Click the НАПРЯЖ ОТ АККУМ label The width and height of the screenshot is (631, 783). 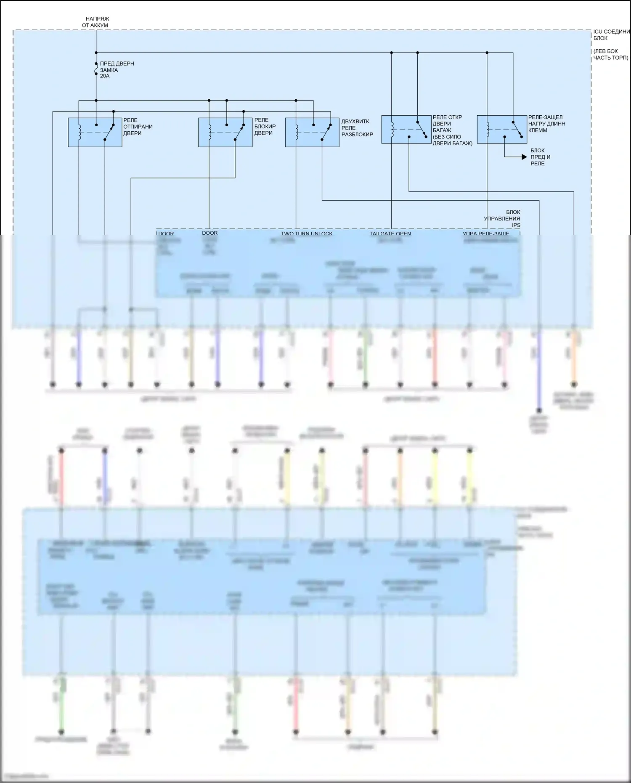(96, 22)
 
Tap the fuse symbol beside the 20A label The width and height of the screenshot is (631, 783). (96, 69)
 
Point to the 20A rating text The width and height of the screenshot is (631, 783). (105, 76)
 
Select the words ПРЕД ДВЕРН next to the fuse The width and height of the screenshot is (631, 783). (117, 64)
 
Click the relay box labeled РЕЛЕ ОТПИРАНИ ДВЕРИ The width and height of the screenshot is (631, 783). (95, 132)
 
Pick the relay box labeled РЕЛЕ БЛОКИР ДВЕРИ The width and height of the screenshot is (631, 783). (225, 132)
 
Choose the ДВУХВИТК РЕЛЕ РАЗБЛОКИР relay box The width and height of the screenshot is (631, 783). (312, 132)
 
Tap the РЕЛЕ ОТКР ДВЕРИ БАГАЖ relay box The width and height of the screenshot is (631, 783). (406, 129)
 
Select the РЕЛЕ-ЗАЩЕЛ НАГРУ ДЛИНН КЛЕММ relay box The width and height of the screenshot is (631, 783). (502, 129)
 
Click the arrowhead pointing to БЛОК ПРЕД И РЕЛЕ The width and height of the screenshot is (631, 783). (524, 157)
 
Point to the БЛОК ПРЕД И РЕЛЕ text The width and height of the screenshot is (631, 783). (540, 157)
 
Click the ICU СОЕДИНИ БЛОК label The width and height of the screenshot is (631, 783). (611, 35)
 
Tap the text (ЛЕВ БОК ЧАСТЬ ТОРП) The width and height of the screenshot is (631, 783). (610, 54)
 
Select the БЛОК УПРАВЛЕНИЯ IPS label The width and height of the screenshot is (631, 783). (502, 218)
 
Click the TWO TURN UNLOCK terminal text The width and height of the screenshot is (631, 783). (307, 233)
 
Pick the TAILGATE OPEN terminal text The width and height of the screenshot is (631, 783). (390, 233)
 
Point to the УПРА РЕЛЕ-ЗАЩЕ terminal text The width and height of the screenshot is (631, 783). (486, 233)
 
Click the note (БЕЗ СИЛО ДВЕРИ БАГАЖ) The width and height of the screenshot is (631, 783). (453, 140)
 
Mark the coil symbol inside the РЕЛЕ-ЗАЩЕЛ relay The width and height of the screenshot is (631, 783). (488, 129)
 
